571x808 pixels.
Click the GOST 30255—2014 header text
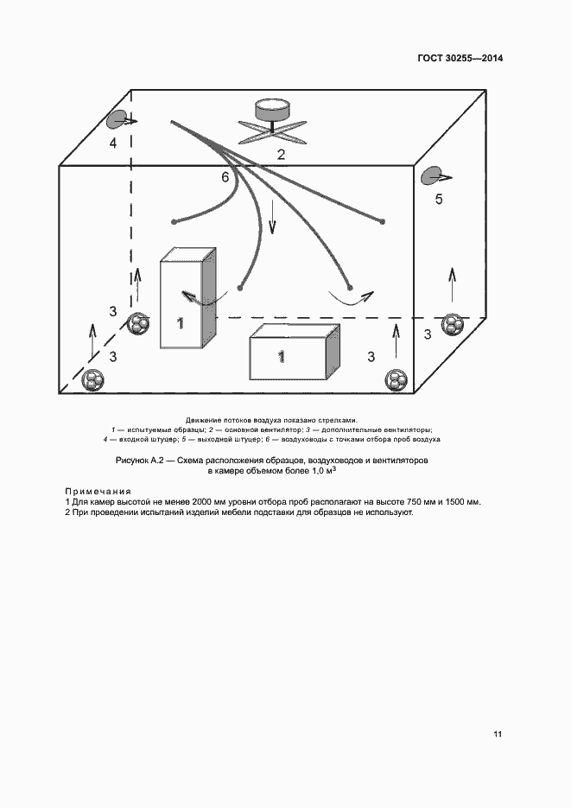pyautogui.click(x=460, y=59)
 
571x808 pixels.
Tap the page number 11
pyautogui.click(x=497, y=735)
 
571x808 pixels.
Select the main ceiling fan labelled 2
pyautogui.click(x=271, y=121)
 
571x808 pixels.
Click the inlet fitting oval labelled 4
pyautogui.click(x=118, y=120)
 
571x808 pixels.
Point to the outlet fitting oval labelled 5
pyautogui.click(x=432, y=176)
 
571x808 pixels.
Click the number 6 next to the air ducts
pyautogui.click(x=225, y=177)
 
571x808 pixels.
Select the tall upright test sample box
pyautogui.click(x=187, y=299)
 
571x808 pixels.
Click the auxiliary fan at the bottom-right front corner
pyautogui.click(x=396, y=379)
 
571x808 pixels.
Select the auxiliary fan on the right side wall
pyautogui.click(x=453, y=325)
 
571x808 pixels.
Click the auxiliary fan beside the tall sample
pyautogui.click(x=139, y=325)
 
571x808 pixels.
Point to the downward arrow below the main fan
pyautogui.click(x=272, y=217)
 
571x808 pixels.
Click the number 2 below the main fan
pyautogui.click(x=281, y=155)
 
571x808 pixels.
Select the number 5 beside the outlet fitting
pyautogui.click(x=439, y=200)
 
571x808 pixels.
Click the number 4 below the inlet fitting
pyautogui.click(x=112, y=143)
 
